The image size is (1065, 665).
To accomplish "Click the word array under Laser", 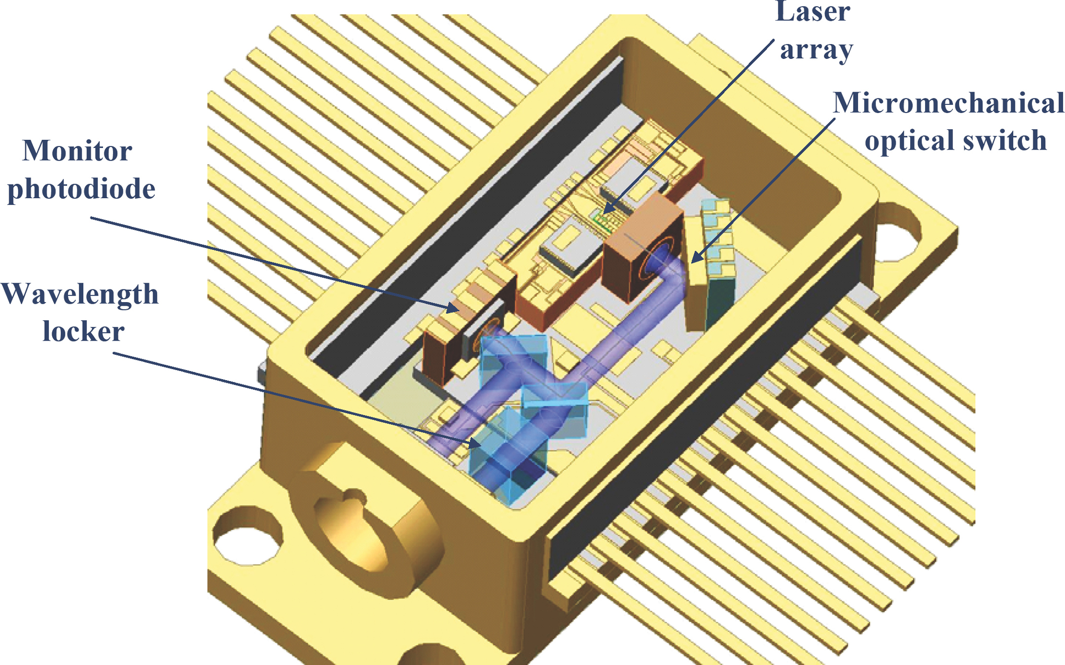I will pyautogui.click(x=816, y=50).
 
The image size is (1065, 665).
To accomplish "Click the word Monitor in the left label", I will pyautogui.click(x=78, y=151).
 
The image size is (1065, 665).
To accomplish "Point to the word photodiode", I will pyautogui.click(x=81, y=189).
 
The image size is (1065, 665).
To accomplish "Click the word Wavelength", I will pyautogui.click(x=80, y=294).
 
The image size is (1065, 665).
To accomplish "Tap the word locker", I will pyautogui.click(x=83, y=331).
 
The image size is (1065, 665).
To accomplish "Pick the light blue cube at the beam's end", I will pyautogui.click(x=507, y=456).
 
